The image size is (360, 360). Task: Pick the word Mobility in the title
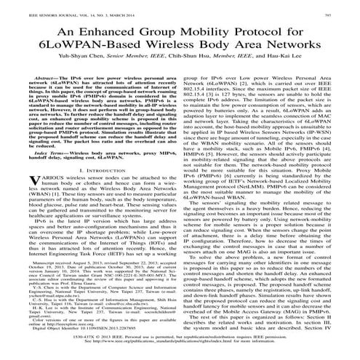pyautogui.click(x=209, y=33)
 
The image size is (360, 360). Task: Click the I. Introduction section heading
pyautogui.click(x=92, y=191)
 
